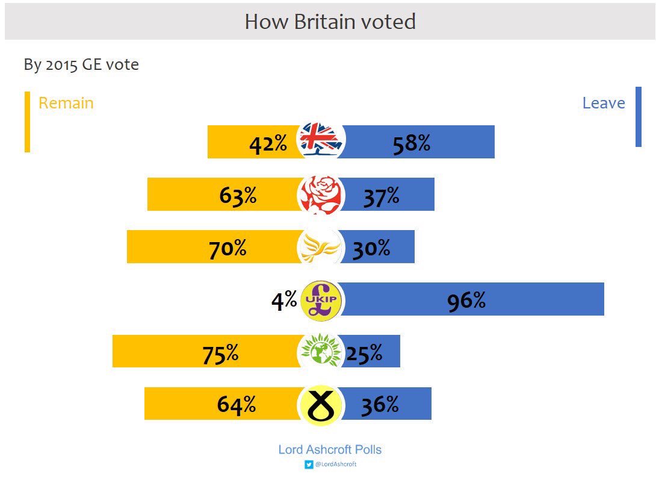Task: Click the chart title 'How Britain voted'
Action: tap(330, 22)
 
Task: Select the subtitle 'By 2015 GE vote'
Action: tap(81, 64)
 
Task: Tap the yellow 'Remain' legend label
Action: tap(66, 103)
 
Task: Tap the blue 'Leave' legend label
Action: tap(603, 103)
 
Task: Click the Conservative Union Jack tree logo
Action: tap(321, 140)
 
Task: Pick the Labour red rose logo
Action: tap(321, 195)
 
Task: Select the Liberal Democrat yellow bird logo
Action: tap(320, 247)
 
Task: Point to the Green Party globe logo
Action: tap(321, 351)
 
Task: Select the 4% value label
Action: tap(283, 300)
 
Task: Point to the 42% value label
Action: tap(268, 144)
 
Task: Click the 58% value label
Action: tap(411, 144)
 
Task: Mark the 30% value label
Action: tap(371, 248)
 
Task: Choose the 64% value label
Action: tap(236, 405)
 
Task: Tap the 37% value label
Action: tap(380, 196)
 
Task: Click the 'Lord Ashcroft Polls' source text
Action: tap(330, 449)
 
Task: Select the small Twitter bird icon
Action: tap(309, 464)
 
